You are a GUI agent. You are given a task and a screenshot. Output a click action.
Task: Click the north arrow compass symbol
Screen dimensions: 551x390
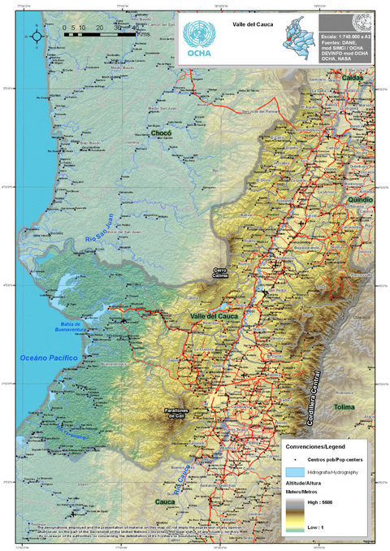click(x=37, y=33)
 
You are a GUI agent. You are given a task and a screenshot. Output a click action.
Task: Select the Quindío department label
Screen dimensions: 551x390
click(x=360, y=198)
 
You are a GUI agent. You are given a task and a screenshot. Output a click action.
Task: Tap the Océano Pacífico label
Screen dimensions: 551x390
click(x=48, y=357)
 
